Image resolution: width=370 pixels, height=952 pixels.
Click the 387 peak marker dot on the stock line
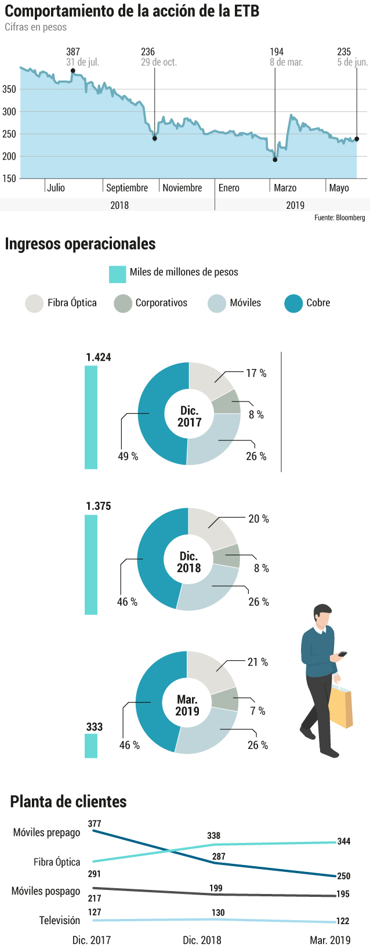click(x=73, y=71)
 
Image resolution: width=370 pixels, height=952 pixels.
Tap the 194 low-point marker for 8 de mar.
click(x=275, y=160)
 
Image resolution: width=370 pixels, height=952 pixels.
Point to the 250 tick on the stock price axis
click(x=9, y=134)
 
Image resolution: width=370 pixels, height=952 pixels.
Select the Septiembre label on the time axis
click(x=127, y=188)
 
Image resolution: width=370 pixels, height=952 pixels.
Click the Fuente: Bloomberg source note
click(x=339, y=218)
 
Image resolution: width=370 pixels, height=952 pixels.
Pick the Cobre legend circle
click(x=293, y=303)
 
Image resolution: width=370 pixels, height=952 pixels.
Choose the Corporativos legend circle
click(x=123, y=303)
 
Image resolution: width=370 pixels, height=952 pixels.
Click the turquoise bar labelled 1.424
click(x=91, y=417)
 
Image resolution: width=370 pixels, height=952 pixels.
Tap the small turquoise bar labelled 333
click(x=91, y=746)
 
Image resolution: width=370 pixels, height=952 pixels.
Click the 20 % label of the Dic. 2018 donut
click(x=259, y=519)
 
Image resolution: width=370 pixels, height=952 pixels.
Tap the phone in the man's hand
click(x=342, y=654)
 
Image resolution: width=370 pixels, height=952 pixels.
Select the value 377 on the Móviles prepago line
click(x=95, y=824)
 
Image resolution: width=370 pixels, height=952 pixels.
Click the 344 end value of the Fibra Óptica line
click(x=344, y=841)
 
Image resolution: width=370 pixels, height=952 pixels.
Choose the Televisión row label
click(x=60, y=920)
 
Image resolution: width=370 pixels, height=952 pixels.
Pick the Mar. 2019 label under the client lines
click(x=330, y=940)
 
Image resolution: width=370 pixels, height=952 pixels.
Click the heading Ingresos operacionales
click(x=80, y=244)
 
